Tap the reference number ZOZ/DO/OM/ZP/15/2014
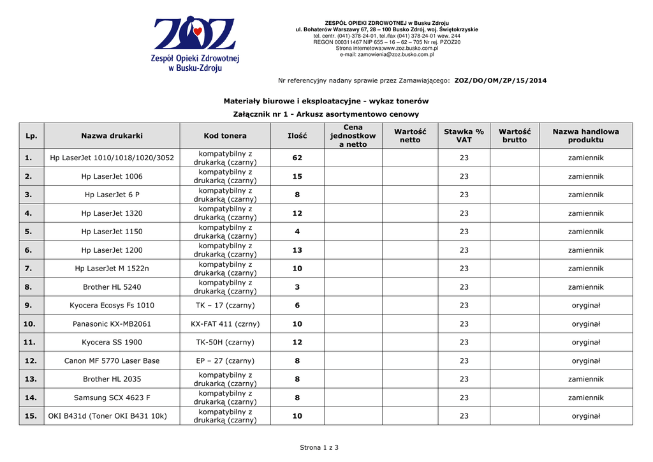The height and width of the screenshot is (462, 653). click(500, 80)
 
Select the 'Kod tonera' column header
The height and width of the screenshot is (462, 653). click(225, 136)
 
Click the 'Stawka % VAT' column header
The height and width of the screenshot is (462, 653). click(464, 135)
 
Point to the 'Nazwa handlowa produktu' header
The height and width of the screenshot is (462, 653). click(585, 135)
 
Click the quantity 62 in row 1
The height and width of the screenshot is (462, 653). click(297, 158)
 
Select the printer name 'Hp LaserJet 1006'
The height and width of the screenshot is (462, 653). click(112, 176)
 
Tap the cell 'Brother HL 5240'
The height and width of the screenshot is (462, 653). click(112, 287)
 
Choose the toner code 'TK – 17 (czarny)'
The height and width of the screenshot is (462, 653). click(225, 306)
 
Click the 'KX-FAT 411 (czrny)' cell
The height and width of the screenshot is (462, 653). click(225, 324)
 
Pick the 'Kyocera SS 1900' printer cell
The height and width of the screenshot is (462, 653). click(112, 343)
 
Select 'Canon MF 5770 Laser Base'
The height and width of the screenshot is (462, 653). click(112, 361)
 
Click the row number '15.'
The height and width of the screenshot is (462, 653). click(31, 416)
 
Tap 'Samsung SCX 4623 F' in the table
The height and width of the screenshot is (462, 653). click(112, 398)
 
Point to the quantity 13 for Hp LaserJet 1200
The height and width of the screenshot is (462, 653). click(297, 250)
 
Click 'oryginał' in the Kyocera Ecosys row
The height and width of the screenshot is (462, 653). click(585, 306)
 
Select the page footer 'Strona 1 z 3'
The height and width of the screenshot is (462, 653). click(319, 447)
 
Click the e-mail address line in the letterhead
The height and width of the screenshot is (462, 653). click(386, 55)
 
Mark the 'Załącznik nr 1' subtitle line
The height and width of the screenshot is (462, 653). click(326, 114)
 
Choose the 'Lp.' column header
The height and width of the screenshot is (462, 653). click(31, 136)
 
